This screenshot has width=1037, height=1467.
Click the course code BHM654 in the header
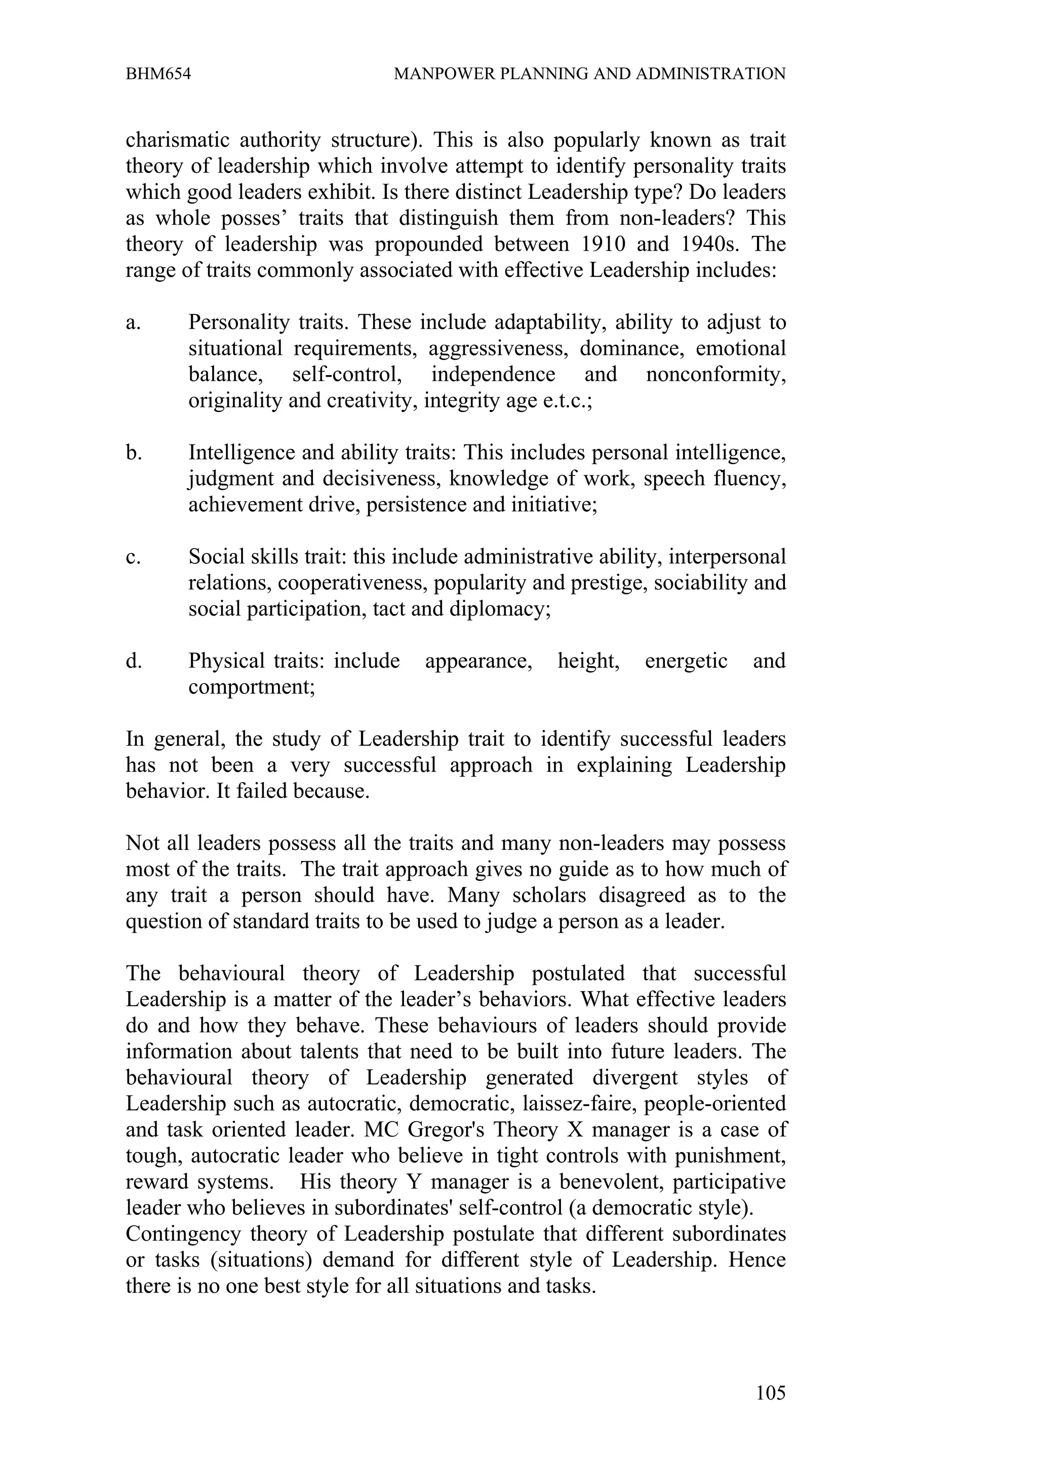click(158, 74)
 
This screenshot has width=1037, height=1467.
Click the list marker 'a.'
click(133, 322)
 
